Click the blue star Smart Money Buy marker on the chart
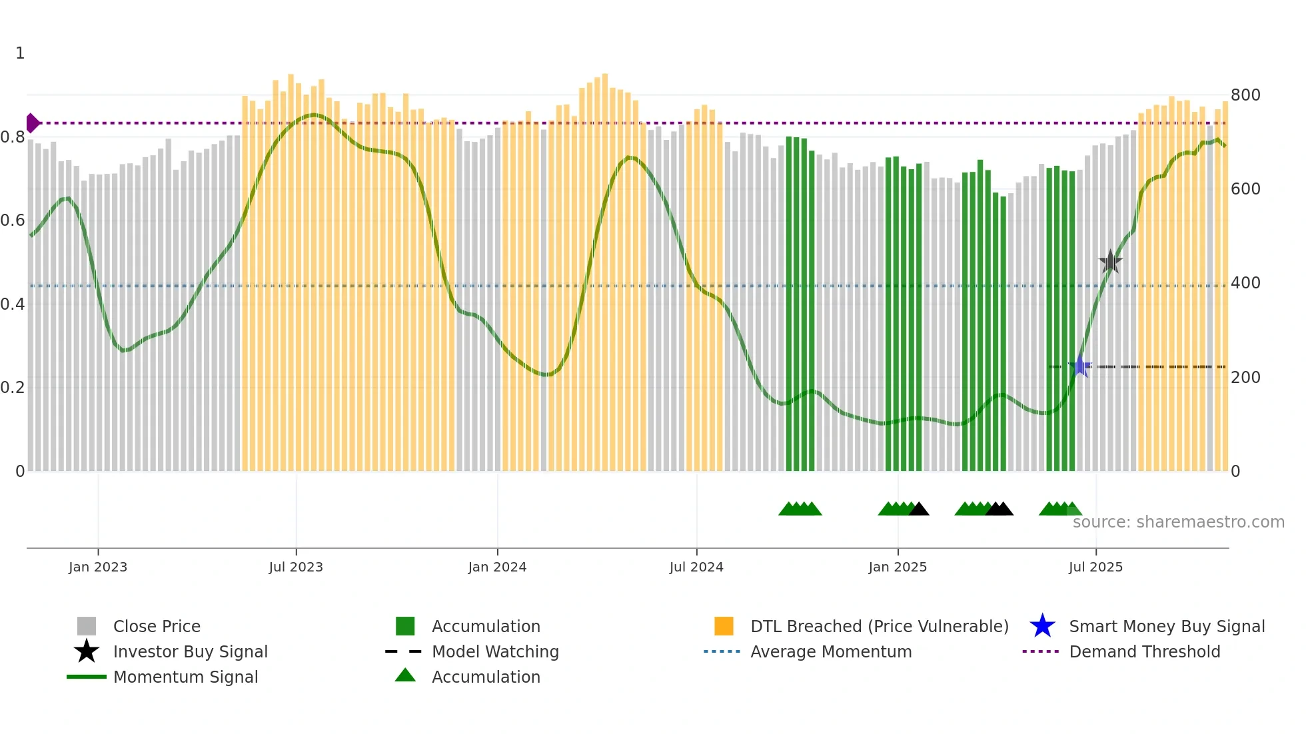(x=1080, y=366)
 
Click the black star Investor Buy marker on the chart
(x=1110, y=262)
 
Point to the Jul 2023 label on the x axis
(x=296, y=567)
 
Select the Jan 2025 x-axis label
(x=898, y=567)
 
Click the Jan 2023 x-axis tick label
(x=98, y=567)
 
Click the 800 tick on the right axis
(x=1245, y=95)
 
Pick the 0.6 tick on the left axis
(x=13, y=220)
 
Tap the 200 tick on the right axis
(x=1245, y=378)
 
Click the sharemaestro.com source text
(x=1178, y=522)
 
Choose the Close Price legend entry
(x=157, y=626)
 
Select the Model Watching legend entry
(x=495, y=651)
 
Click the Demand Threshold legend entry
(x=1144, y=651)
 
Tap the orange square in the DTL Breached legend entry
(x=724, y=626)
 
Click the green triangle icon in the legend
(x=405, y=675)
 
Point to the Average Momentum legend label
(x=831, y=651)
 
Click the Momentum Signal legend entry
(x=185, y=677)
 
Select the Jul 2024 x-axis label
(x=696, y=567)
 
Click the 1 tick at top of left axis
(x=20, y=53)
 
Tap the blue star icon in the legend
(x=1042, y=626)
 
